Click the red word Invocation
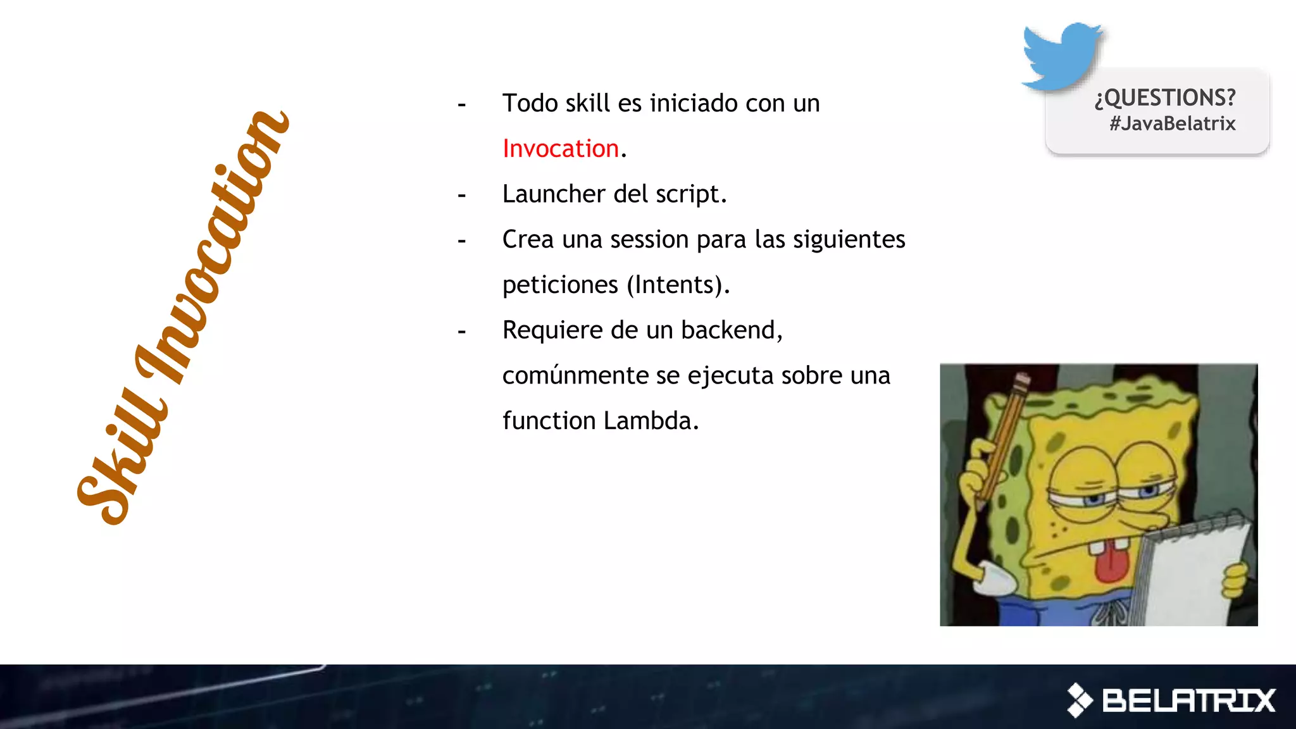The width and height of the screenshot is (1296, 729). coord(560,149)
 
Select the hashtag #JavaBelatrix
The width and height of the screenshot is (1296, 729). coord(1172,123)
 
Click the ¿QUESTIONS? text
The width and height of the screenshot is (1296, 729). coord(1165,97)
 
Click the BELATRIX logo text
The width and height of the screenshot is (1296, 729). coord(1188,701)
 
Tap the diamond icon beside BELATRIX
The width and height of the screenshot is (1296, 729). coord(1080,701)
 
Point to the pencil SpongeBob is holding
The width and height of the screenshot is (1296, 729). coord(1003,437)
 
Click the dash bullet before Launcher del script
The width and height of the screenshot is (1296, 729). coord(462,196)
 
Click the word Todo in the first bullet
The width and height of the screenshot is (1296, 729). coord(530,103)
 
